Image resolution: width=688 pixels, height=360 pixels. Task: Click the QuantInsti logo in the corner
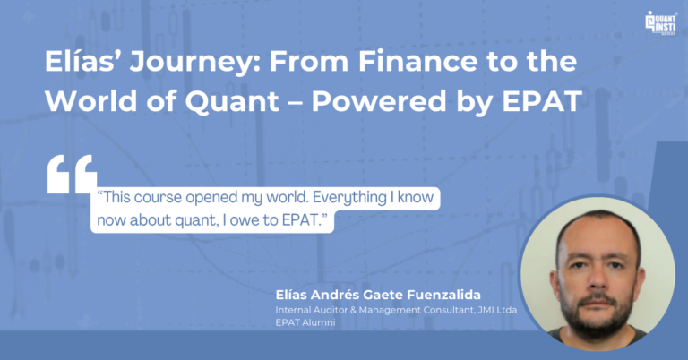tap(661, 22)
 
